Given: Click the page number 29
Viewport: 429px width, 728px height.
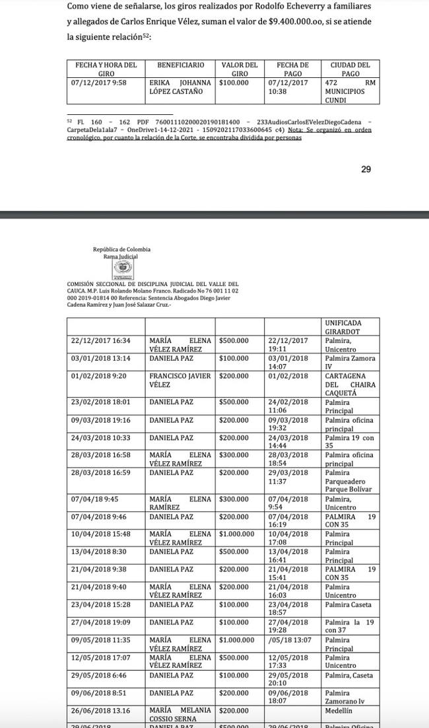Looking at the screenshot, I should coord(366,169).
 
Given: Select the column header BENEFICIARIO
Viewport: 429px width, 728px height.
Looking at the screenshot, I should coord(180,65).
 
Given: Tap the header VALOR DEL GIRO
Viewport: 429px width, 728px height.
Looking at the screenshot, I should coord(239,69).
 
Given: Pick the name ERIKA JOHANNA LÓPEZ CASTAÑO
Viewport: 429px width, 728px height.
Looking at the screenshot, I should coord(180,87).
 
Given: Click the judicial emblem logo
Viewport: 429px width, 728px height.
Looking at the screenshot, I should coord(123,268).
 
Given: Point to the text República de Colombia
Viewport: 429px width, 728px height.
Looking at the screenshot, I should coord(121,249).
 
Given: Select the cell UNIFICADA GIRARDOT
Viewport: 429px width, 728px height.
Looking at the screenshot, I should coord(343,326).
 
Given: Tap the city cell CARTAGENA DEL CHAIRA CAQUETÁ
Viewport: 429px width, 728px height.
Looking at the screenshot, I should coord(350,384).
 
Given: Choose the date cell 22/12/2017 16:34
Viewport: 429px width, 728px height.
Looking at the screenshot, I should coord(101,340).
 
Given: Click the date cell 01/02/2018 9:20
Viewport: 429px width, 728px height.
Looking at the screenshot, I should coord(98,376).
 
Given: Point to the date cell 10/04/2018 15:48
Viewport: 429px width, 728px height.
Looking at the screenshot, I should coord(101,533).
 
